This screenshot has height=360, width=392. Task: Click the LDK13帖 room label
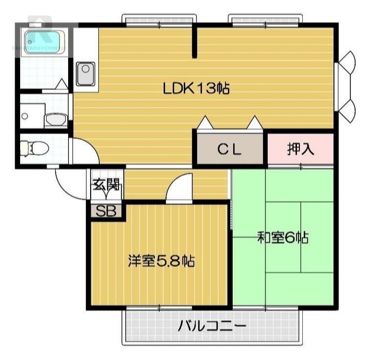(196, 89)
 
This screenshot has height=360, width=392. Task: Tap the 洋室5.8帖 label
(161, 261)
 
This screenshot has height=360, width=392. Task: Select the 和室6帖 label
(283, 239)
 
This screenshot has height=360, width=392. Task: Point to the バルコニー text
(212, 326)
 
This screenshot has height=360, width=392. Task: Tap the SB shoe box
(105, 212)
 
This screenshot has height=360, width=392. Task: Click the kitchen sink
(85, 73)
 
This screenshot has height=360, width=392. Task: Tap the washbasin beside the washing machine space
(55, 119)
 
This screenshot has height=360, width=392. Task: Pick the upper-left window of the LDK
(159, 21)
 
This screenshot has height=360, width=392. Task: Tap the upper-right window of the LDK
(265, 21)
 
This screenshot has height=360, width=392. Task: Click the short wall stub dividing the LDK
(195, 42)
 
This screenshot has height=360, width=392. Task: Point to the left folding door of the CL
(205, 122)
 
